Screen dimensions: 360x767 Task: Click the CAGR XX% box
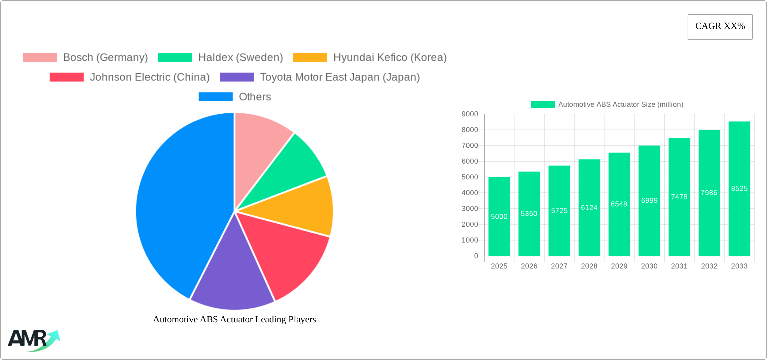[x=720, y=27]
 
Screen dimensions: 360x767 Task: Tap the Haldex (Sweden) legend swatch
[x=175, y=58]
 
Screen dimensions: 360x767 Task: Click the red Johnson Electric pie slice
[x=286, y=252]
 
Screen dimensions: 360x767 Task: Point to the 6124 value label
[x=589, y=208]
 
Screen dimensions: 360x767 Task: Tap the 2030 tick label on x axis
[x=649, y=266]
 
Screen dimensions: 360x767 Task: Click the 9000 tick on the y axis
[x=470, y=114]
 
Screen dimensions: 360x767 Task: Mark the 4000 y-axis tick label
[x=470, y=193]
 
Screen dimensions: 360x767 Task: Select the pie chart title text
[x=234, y=319]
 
